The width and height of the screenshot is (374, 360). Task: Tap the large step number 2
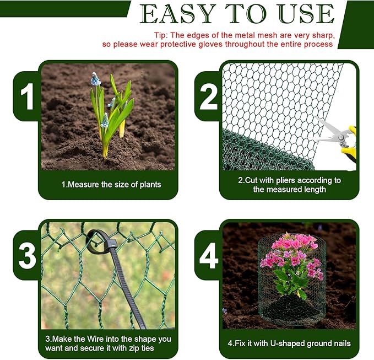pyautogui.click(x=208, y=99)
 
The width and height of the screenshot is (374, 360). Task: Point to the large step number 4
pyautogui.click(x=208, y=256)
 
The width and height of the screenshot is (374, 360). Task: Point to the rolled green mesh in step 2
pyautogui.click(x=259, y=152)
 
